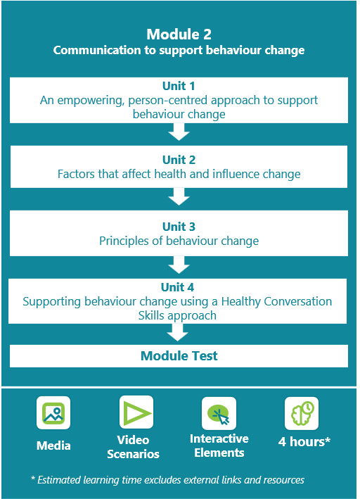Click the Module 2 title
[x=179, y=34]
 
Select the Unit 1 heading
[x=179, y=86]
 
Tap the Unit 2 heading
[x=179, y=160]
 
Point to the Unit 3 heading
[x=179, y=227]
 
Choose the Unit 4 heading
[x=177, y=287]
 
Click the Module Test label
[x=179, y=356]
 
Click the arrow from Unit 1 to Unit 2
[x=179, y=132]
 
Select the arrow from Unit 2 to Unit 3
[x=179, y=196]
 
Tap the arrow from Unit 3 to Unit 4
[x=179, y=265]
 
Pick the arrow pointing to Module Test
[x=177, y=333]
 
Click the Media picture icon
[x=53, y=412]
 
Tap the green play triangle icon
[x=136, y=412]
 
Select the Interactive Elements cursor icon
[x=219, y=413]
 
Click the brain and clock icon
[x=302, y=413]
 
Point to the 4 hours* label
[x=304, y=442]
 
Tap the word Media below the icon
[x=53, y=446]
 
